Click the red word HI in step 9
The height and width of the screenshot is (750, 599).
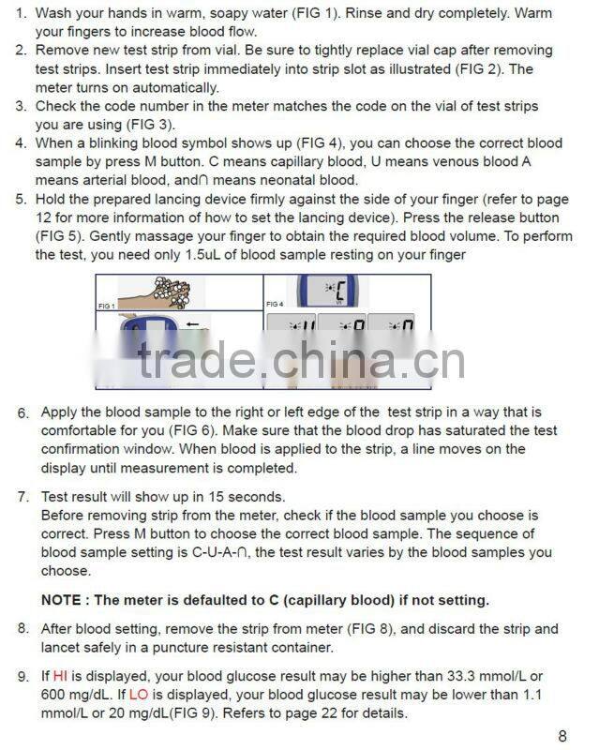tap(60, 676)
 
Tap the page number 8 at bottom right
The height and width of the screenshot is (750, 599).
tap(562, 736)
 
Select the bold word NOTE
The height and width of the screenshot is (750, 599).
tap(64, 600)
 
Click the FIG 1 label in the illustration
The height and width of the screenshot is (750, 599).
tap(107, 306)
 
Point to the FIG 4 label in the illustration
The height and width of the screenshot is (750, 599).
tap(275, 305)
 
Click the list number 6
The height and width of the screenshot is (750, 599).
tap(22, 413)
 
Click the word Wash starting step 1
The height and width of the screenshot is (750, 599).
tap(55, 14)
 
